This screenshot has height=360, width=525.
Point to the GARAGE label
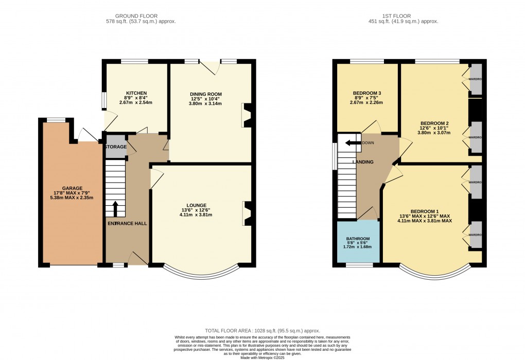(72, 188)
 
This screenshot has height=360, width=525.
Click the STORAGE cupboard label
(115, 147)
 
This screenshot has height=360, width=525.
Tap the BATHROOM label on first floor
(357, 238)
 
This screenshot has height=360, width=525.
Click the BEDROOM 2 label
(434, 123)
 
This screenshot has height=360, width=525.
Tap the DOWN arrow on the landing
(353, 143)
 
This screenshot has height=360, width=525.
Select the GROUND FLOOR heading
(136, 16)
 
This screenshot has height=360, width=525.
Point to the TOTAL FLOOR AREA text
(262, 331)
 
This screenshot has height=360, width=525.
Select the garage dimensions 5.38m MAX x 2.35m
(72, 197)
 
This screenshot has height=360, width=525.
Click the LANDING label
(363, 162)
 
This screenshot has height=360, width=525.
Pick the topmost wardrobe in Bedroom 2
(476, 79)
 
